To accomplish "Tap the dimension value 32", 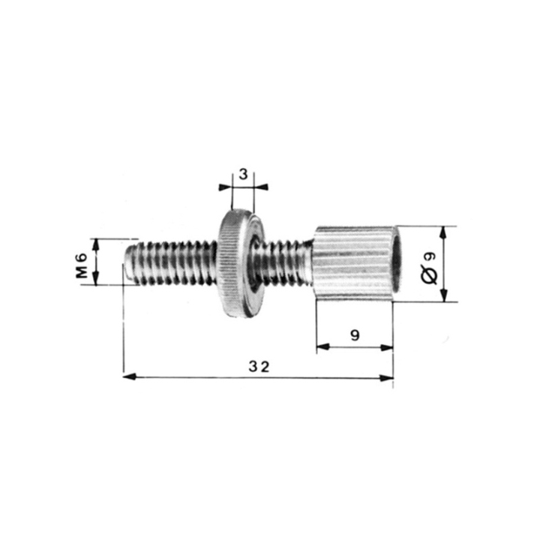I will click(259, 366).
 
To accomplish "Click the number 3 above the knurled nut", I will click(243, 174).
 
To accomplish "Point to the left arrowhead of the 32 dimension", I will click(128, 376).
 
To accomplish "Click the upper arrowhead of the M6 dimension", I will click(96, 243).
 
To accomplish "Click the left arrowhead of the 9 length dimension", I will click(322, 347).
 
